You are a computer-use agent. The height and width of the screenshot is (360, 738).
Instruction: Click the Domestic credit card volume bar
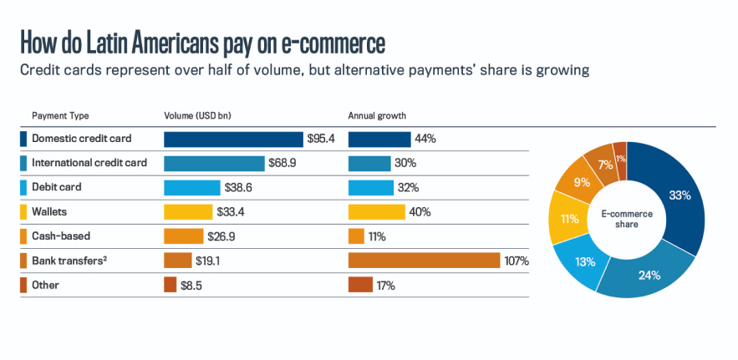[x=233, y=139]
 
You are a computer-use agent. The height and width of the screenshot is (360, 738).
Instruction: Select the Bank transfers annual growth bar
[x=423, y=261]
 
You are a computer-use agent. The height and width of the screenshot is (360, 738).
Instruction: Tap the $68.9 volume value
[x=282, y=163]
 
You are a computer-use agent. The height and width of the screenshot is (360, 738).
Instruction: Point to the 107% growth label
[x=517, y=261]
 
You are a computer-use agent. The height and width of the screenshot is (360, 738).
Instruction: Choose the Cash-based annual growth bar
[x=356, y=236]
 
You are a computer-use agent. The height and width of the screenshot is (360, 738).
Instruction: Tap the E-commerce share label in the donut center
[x=626, y=219]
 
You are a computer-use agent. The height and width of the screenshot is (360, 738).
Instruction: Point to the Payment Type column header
[x=60, y=115]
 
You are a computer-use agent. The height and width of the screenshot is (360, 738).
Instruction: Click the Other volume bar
[x=171, y=285]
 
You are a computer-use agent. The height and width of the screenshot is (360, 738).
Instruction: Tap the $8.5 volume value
[x=191, y=285]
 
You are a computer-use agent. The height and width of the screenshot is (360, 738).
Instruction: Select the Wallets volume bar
[x=188, y=212]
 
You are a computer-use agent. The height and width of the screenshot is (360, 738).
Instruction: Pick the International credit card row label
[x=89, y=163]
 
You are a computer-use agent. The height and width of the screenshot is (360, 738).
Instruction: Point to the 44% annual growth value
[x=425, y=139]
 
